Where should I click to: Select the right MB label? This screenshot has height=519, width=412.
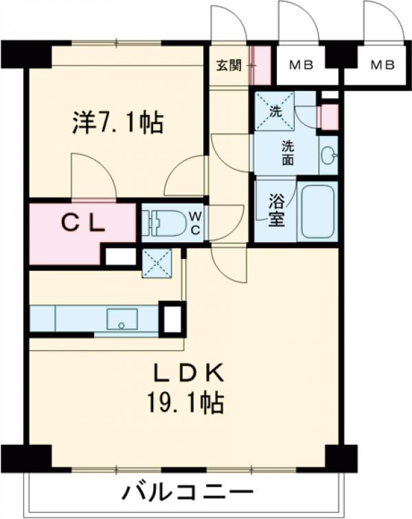pos(382,66)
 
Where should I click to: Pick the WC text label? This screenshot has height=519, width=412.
pos(195,224)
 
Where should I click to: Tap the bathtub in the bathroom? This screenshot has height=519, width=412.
pos(317,212)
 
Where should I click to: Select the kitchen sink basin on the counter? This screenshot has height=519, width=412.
pos(122,319)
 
